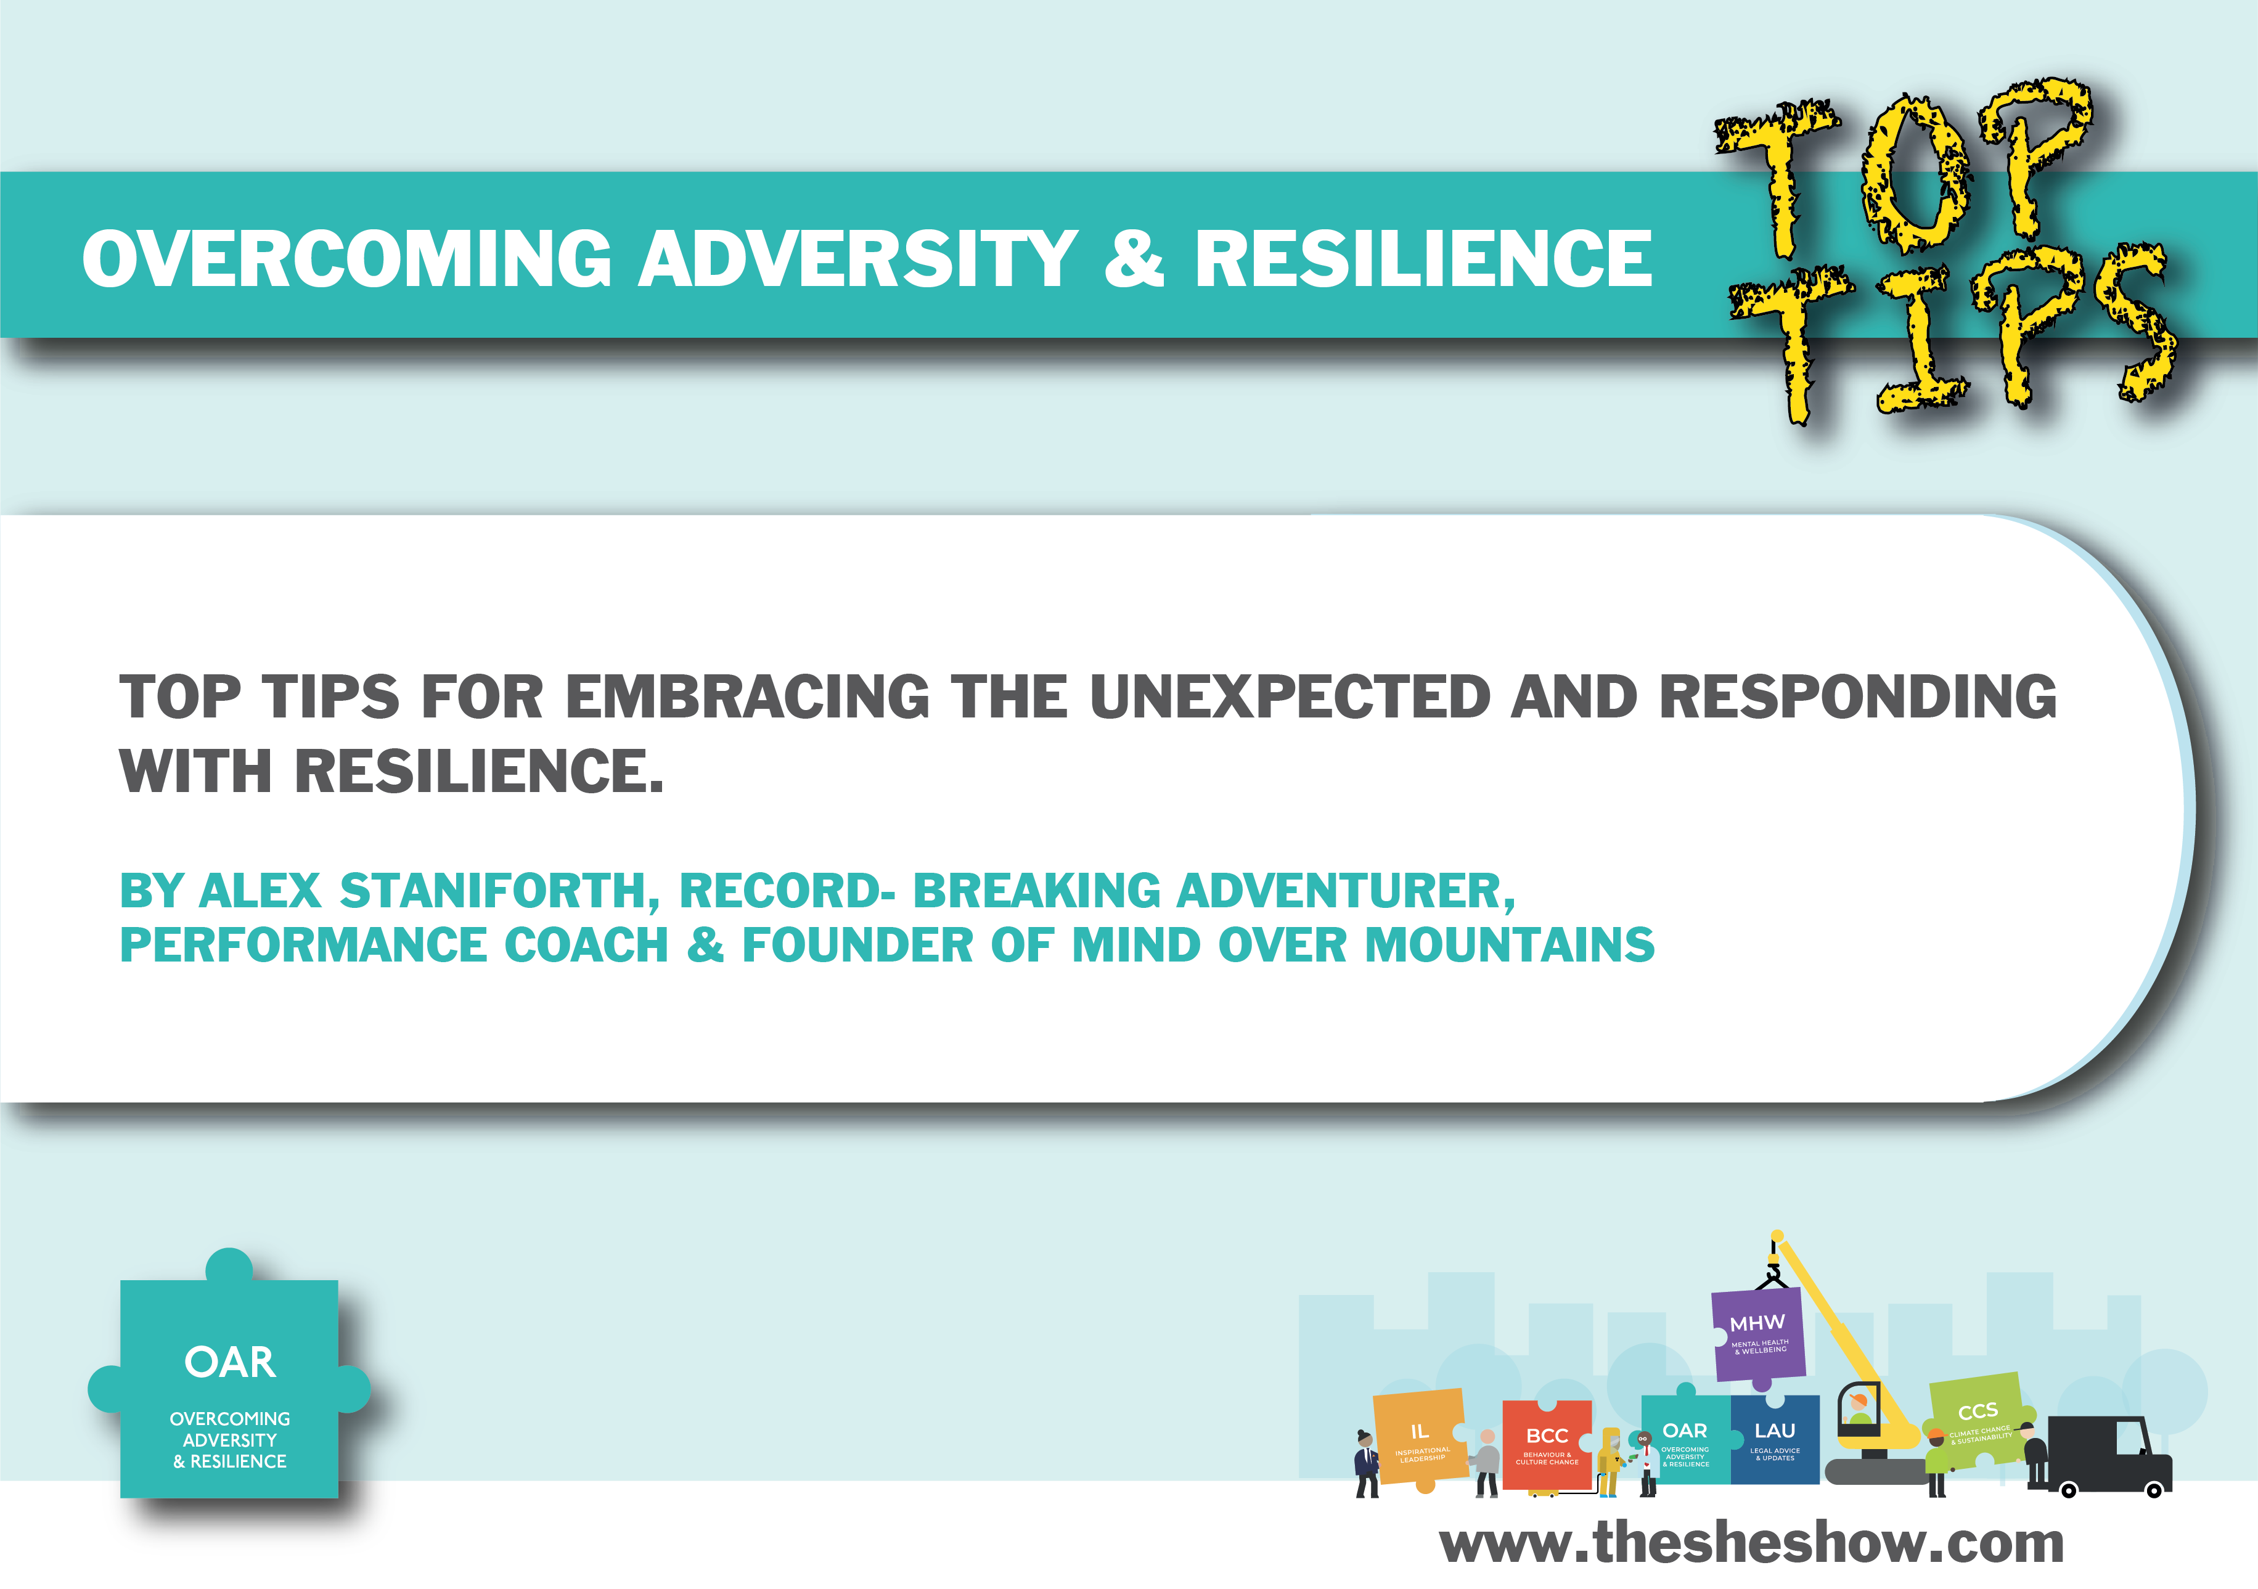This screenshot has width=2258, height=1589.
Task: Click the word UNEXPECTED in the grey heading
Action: tap(1290, 697)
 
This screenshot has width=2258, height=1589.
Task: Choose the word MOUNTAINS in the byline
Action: tap(1510, 945)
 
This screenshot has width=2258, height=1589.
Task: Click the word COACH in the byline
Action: tap(586, 945)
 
